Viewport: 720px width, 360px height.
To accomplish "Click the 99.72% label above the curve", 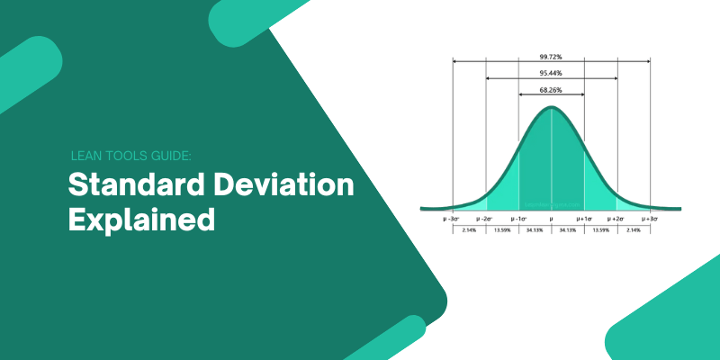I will pos(552,56).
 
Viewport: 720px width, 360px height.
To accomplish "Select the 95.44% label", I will pos(552,72).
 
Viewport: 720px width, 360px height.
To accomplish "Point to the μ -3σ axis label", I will pos(453,218).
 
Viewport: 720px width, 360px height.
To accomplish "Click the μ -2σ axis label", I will pos(486,218).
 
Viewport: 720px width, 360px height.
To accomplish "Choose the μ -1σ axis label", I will pos(519,218).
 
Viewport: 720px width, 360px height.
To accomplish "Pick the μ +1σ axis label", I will pos(585,218).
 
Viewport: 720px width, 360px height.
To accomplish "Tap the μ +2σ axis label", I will pos(617,218).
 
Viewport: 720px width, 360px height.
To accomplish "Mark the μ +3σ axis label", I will pos(650,218).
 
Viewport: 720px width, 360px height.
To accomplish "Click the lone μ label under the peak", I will pos(552,218).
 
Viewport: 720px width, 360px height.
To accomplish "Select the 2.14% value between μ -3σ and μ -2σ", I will pos(469,229).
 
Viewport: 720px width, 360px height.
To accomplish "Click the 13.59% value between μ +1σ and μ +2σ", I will pos(601,229).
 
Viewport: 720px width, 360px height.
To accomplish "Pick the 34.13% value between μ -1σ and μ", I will pos(535,229).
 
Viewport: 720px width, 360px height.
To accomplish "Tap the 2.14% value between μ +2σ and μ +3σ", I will pos(634,229).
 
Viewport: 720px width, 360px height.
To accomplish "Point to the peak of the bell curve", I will pos(552,108).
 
